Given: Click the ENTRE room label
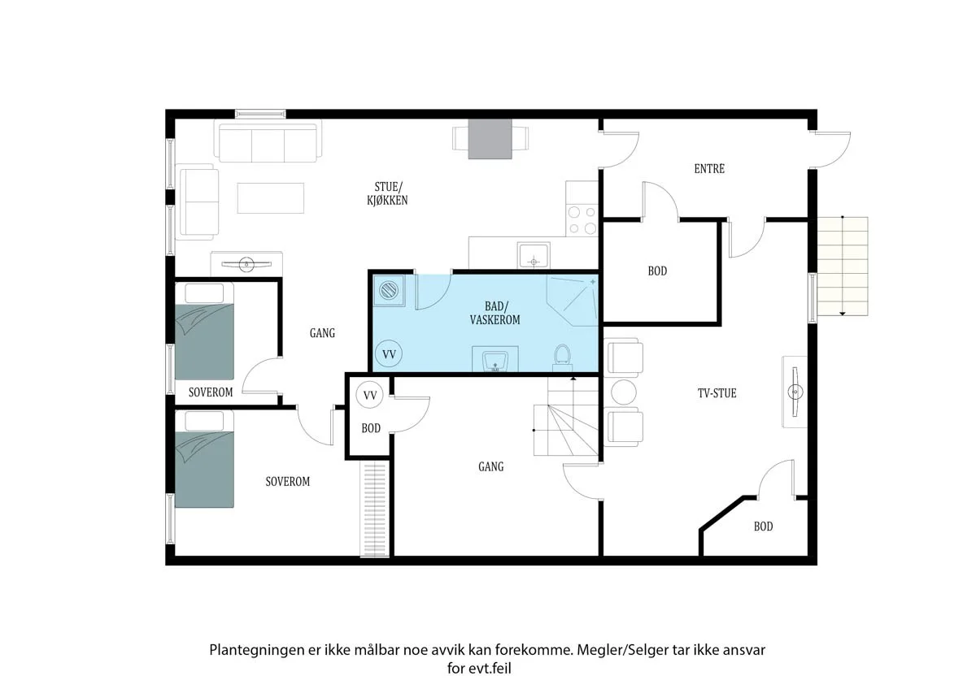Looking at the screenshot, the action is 709,168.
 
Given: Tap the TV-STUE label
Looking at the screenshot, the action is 717,393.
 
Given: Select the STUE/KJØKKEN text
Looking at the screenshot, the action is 387,193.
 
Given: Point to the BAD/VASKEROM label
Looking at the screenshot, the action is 495,313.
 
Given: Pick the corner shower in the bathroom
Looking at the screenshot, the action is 572,301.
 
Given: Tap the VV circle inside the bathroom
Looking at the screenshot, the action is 389,353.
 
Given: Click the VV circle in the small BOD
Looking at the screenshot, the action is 370,395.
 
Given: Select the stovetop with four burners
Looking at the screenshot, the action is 582,221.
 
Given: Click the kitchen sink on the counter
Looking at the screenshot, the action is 534,255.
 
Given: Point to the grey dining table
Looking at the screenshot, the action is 490,139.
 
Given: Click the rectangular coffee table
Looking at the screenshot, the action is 271,198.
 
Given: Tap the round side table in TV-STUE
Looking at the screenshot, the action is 624,392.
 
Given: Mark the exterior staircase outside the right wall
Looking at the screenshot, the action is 843,266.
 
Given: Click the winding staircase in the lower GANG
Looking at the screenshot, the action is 566,417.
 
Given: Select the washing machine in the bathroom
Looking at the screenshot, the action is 389,290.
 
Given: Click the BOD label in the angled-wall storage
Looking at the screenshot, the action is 763,526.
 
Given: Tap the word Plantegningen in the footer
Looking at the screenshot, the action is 257,650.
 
